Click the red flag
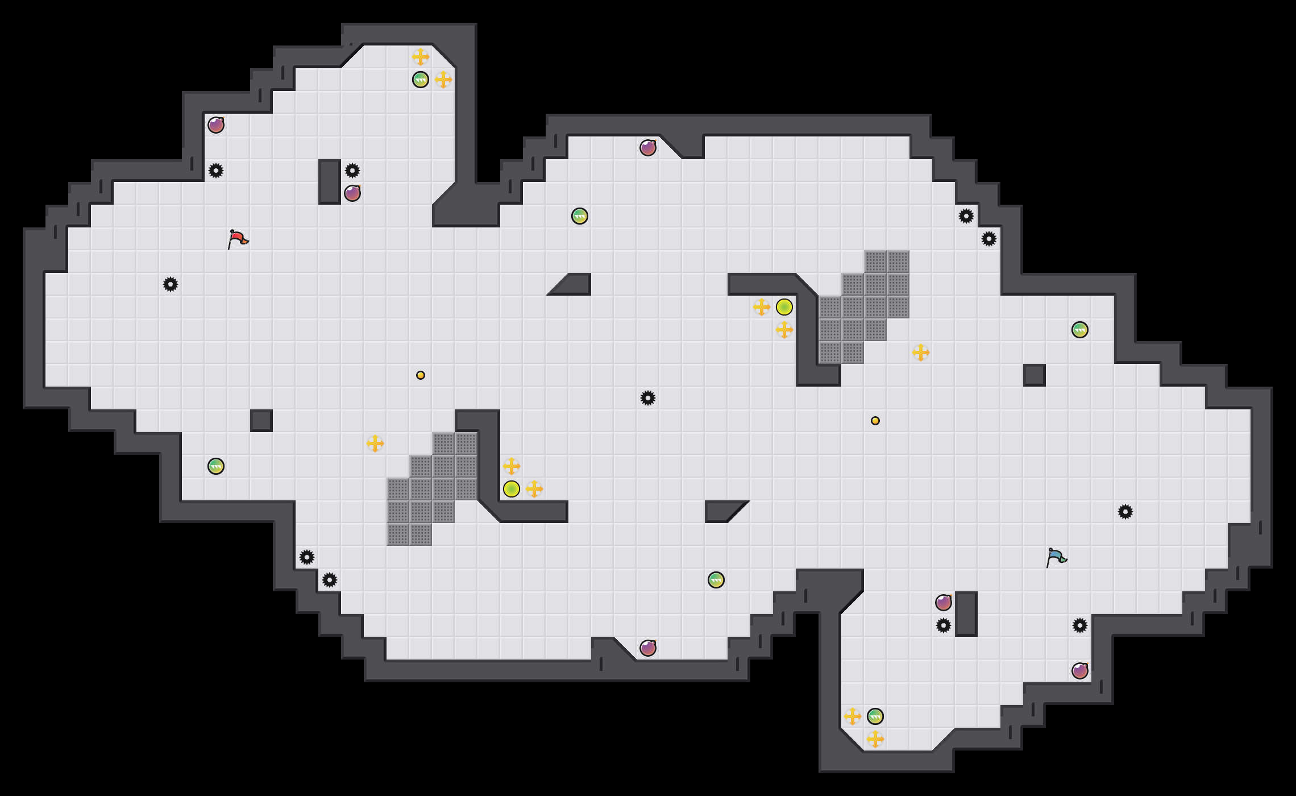point(238,239)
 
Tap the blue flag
point(1056,558)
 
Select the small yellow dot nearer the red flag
point(421,375)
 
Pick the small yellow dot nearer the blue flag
point(875,421)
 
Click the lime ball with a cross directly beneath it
point(784,307)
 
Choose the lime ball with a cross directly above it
point(512,489)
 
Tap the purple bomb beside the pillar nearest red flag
point(352,193)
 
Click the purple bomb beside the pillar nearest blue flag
point(944,603)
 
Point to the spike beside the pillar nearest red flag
point(352,171)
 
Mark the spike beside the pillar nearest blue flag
point(944,625)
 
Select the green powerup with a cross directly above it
point(421,80)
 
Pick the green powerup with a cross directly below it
point(875,716)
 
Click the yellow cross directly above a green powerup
point(421,57)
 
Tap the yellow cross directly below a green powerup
point(875,739)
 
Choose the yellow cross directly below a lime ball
point(784,330)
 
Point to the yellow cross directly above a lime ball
point(512,466)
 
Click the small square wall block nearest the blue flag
point(1035,375)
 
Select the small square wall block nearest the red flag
point(261,421)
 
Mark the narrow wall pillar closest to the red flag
point(330,182)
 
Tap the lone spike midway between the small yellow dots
point(648,398)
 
